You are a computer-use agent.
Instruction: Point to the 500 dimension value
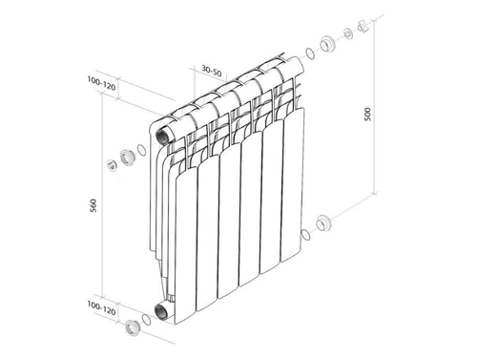366,113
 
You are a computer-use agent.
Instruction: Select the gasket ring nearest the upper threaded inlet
142,149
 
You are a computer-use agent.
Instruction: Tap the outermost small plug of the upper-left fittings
112,165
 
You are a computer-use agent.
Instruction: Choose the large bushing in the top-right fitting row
326,43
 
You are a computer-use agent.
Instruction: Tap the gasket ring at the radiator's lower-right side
304,234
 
